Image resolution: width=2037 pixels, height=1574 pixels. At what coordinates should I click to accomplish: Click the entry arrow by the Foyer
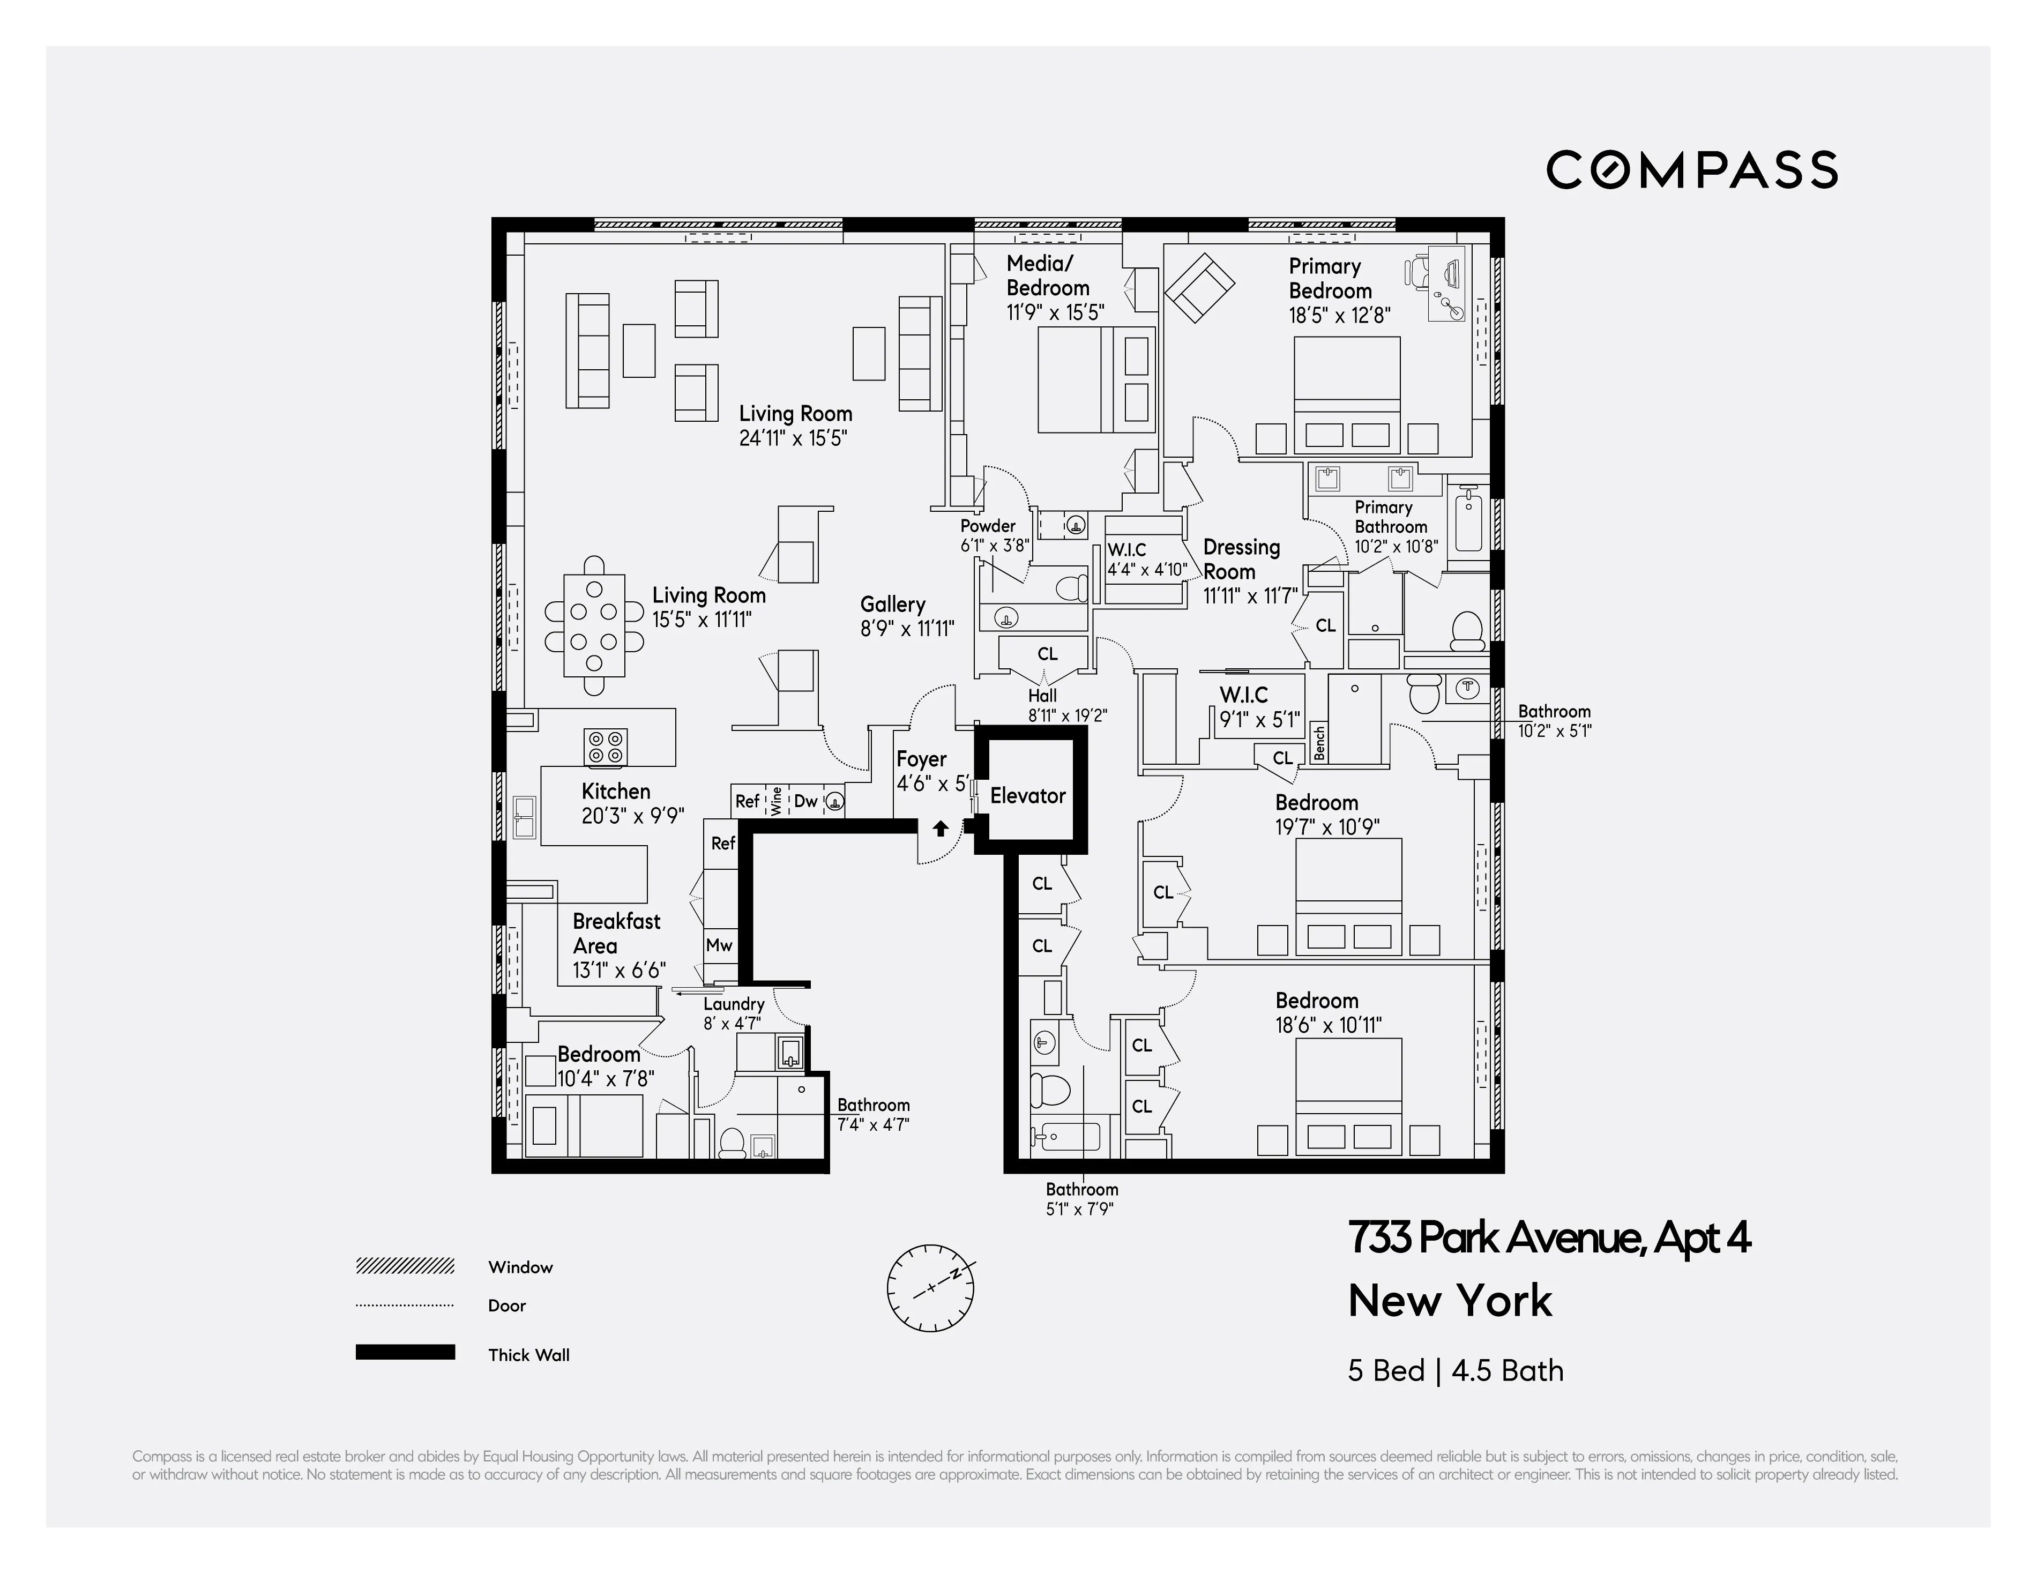tap(940, 828)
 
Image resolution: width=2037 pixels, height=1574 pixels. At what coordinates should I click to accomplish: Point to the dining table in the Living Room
tap(594, 625)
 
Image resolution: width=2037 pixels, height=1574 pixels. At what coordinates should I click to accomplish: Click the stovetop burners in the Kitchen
tap(606, 747)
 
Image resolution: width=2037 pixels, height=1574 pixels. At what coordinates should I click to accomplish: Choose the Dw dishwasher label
tap(805, 801)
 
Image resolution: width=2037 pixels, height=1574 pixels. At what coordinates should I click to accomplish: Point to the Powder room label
tap(988, 526)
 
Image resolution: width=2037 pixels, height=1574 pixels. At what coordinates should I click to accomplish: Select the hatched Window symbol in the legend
tap(405, 1265)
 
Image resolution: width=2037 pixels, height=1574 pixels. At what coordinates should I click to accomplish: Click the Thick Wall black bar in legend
tap(405, 1352)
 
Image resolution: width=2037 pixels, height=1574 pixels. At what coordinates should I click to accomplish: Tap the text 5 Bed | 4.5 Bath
tap(1455, 1371)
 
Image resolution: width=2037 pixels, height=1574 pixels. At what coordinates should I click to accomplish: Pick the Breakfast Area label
tap(616, 934)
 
